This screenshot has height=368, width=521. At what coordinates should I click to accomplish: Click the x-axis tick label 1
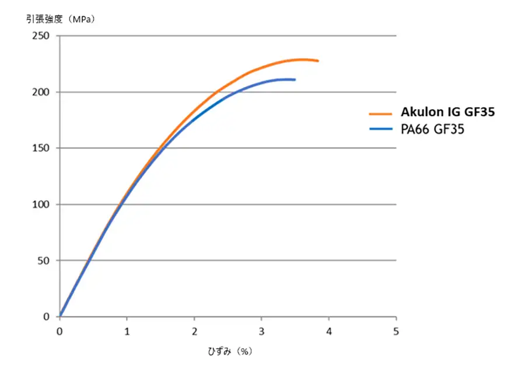pos(127,331)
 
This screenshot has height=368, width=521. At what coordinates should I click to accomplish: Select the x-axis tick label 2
pos(194,331)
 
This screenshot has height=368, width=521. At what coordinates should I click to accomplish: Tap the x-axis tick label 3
pos(261,331)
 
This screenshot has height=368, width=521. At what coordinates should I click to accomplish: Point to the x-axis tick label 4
pos(329,331)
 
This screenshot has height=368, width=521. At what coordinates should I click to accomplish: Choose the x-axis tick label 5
pos(396,331)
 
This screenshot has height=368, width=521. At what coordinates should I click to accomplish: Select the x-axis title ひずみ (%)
pos(229,352)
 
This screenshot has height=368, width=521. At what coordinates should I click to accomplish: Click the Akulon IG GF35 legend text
pos(447,112)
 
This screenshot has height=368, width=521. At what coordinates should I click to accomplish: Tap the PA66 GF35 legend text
pos(432,130)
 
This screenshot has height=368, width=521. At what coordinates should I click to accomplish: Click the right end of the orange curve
pos(317,61)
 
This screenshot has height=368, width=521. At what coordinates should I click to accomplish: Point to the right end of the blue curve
pos(295,79)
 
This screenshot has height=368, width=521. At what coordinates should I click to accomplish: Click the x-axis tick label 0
pos(60,331)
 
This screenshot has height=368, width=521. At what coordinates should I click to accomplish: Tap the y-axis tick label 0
pos(48,317)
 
